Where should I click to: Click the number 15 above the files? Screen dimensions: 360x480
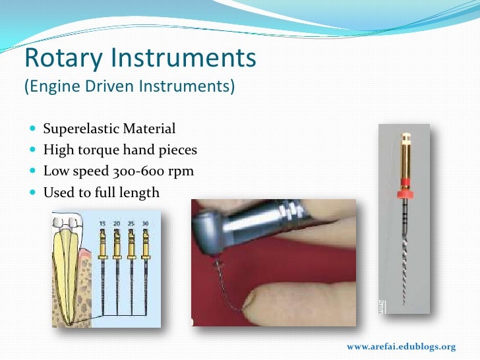point(103,225)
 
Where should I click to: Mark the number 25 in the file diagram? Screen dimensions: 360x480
point(132,225)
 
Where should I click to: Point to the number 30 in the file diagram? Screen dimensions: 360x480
point(146,225)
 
